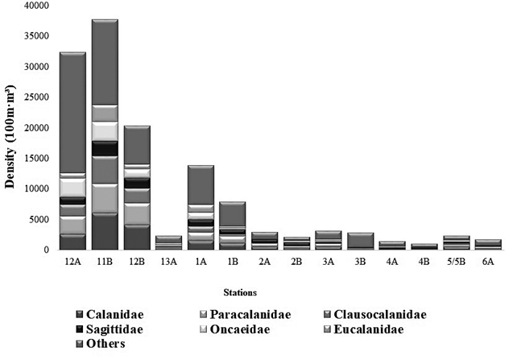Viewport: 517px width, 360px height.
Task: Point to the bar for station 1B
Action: [x=233, y=226]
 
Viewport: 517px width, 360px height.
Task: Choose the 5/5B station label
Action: [x=456, y=261]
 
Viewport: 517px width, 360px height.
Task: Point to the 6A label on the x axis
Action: [x=488, y=261]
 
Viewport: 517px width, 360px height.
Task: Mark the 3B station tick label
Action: [x=360, y=261]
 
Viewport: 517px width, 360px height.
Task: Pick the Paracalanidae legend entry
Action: [x=245, y=314]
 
